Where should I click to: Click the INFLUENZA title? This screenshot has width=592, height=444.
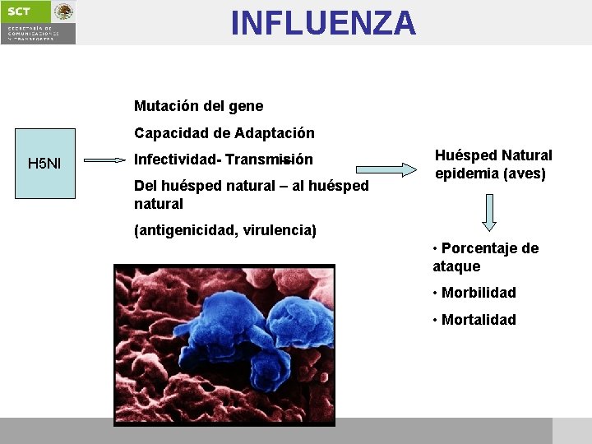coord(323,23)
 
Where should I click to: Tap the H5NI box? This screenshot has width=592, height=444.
coord(44,164)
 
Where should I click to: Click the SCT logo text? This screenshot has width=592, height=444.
coord(19,11)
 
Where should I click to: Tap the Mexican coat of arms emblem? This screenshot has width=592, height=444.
coord(64,12)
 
